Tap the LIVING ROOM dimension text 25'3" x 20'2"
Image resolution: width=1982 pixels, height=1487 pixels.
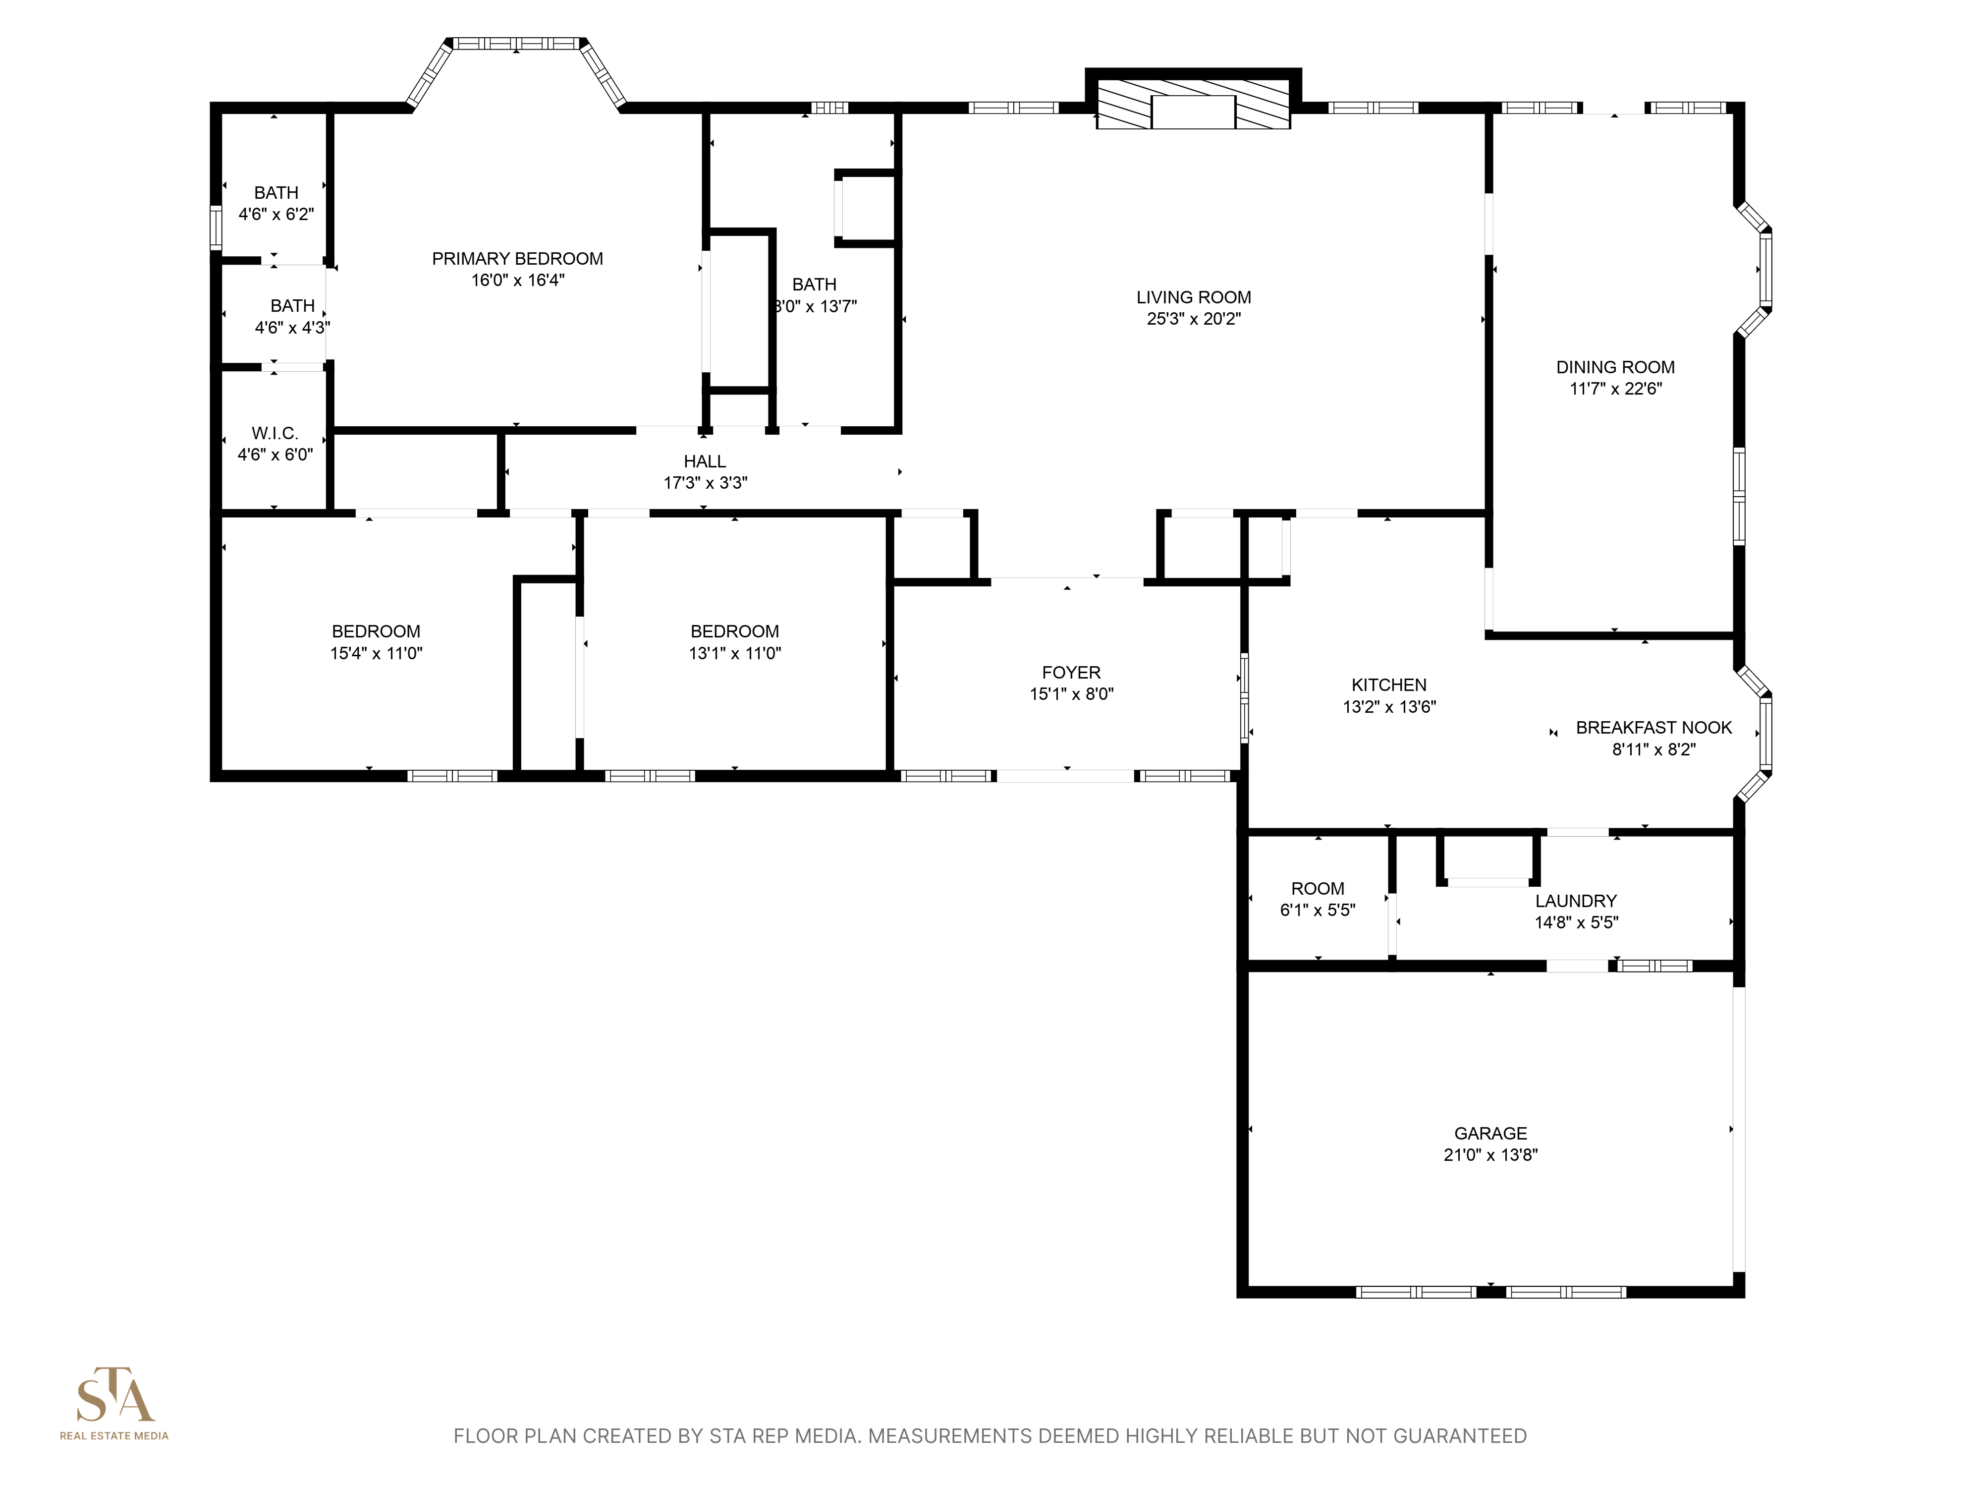[x=1194, y=319]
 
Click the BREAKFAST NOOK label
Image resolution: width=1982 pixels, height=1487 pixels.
[x=1653, y=728]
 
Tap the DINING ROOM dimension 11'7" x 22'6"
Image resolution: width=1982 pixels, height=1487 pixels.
[x=1615, y=389]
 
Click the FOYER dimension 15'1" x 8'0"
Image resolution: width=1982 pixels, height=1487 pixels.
[x=1071, y=694]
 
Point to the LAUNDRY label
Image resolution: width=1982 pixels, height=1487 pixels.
[x=1575, y=901]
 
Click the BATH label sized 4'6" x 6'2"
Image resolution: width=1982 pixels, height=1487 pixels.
[x=276, y=193]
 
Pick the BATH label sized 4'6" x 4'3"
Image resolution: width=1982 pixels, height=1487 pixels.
[x=292, y=306]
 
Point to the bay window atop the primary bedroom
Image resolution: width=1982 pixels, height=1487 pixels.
[x=516, y=43]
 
